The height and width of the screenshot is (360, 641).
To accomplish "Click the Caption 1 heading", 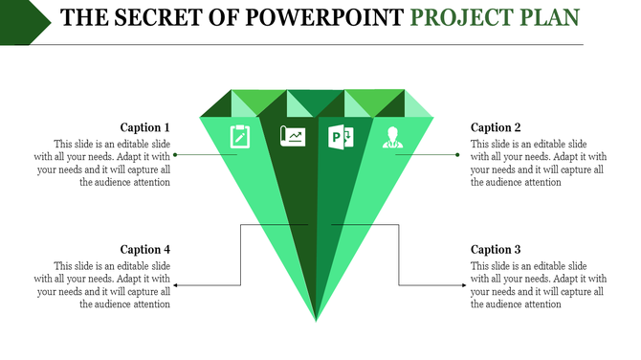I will coord(144,127).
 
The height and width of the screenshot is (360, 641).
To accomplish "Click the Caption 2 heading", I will coord(496,127).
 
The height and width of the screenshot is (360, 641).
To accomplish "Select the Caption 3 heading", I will coord(496,250).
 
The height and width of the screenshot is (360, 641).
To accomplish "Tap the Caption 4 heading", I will coord(144,250).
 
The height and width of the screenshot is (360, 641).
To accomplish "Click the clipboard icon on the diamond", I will coord(239,137).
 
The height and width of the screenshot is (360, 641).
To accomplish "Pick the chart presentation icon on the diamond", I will coord(293,137).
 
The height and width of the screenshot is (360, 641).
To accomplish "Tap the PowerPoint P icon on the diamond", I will coord(341,137).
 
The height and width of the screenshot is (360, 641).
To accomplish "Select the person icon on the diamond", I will coord(391,137).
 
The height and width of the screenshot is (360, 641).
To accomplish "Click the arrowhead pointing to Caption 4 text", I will coord(176,285).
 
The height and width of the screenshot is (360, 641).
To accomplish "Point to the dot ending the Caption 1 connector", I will coord(176,154).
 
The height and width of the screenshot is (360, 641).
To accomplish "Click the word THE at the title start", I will coord(80,17).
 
